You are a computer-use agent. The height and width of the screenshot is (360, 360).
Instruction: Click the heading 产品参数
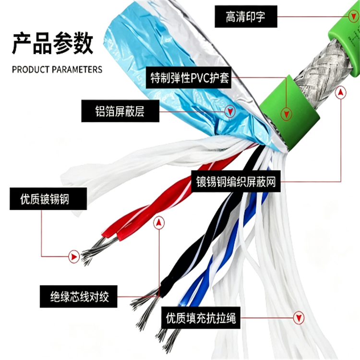[52, 43]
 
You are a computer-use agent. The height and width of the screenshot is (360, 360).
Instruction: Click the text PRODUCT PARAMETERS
[57, 69]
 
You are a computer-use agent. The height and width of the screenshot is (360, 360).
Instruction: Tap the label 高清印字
[246, 17]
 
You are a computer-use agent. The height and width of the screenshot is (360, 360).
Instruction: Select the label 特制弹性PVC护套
[189, 78]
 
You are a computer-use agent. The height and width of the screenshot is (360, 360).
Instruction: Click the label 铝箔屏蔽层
[120, 111]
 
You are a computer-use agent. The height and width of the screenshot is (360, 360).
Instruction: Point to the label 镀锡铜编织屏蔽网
[236, 181]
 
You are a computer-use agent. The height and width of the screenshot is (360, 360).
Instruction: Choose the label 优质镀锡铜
[48, 199]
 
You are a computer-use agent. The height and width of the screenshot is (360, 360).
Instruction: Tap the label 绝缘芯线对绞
[79, 297]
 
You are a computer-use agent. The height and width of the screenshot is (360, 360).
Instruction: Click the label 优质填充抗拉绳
[201, 318]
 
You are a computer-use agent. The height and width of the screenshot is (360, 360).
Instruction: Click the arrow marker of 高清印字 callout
[352, 16]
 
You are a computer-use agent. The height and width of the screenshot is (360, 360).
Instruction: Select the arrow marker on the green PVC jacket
[286, 114]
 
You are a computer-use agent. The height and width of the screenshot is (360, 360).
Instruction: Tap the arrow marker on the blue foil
[230, 111]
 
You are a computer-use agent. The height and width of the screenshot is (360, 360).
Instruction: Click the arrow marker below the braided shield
[341, 93]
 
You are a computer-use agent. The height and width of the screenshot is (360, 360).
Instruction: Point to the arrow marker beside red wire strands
[74, 256]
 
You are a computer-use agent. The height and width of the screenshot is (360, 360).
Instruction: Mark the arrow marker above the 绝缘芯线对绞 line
[159, 223]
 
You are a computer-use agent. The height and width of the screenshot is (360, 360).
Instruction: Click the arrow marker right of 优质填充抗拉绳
[299, 318]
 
